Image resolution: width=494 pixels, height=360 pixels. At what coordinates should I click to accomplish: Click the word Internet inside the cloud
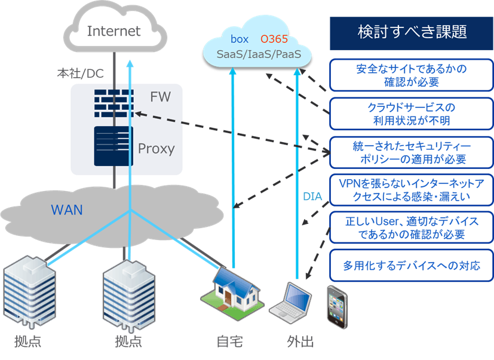[x=113, y=31]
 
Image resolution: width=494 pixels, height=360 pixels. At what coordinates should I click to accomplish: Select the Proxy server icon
[x=113, y=146]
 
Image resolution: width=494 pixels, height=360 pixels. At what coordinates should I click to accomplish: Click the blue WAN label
[x=67, y=210]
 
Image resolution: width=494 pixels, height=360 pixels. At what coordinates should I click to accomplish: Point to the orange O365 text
[x=274, y=40]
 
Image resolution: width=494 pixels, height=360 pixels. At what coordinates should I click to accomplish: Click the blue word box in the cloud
[x=240, y=40]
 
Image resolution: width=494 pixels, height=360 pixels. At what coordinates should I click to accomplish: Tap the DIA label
[x=312, y=196]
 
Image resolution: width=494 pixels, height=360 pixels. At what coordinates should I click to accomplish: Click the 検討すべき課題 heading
[x=412, y=32]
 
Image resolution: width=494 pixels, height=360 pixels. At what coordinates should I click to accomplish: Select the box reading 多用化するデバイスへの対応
[x=412, y=264]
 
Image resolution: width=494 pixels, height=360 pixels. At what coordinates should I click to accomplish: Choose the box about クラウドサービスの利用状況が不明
[x=412, y=113]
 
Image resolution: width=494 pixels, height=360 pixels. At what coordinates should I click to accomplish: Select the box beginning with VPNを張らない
[x=412, y=189]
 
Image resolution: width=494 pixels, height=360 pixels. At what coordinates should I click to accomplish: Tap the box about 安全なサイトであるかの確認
[x=412, y=75]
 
